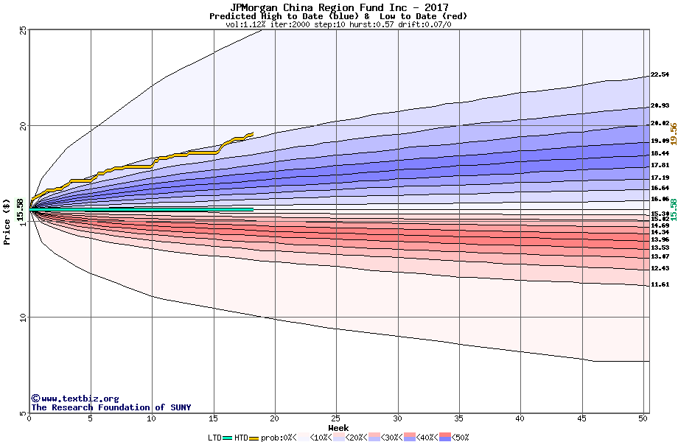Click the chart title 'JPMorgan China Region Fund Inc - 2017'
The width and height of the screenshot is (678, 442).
(339, 7)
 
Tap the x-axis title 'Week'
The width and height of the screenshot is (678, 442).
(339, 428)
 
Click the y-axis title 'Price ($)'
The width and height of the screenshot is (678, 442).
(7, 221)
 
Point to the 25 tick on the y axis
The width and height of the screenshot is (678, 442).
(23, 30)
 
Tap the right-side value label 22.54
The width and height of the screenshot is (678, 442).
(660, 74)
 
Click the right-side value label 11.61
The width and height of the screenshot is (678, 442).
(660, 284)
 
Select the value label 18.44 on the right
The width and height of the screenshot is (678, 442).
(660, 153)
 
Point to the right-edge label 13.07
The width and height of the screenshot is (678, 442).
(660, 256)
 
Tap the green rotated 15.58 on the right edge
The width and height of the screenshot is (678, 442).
(673, 209)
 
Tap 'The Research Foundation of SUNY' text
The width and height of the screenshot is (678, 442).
(111, 407)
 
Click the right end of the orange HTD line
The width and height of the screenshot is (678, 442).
(253, 134)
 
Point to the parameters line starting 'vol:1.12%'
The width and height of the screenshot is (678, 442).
(338, 24)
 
